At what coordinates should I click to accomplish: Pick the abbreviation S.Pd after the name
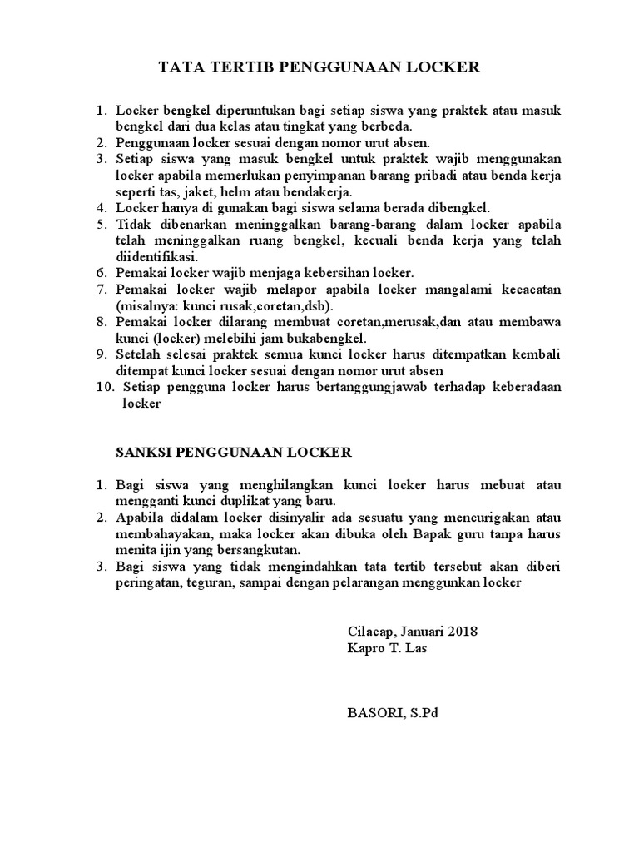click(417, 712)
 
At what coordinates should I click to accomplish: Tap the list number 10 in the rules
click(106, 363)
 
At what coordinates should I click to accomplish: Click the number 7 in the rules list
click(102, 289)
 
